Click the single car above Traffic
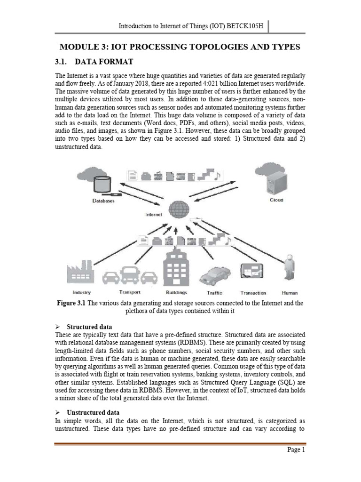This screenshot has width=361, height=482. [x=216, y=276]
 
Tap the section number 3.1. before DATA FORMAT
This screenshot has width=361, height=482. [x=64, y=62]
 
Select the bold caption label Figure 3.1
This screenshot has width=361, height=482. [x=73, y=303]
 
